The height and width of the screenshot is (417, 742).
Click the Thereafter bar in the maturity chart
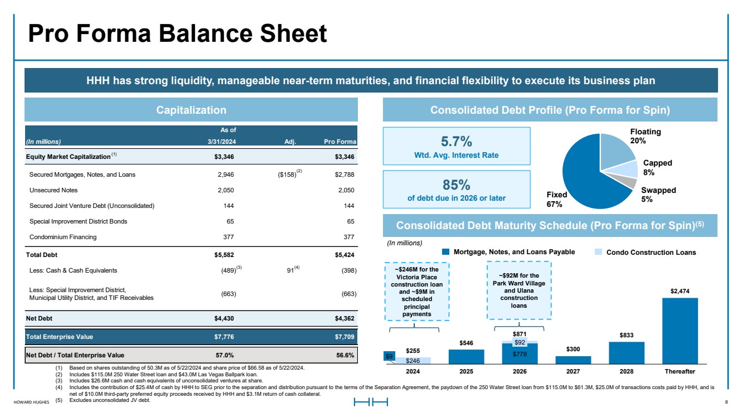680,331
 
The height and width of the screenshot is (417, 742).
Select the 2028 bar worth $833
627,353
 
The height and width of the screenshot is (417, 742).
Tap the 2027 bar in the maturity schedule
573,360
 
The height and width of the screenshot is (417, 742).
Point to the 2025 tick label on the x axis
466,371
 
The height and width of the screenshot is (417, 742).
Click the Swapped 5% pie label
658,195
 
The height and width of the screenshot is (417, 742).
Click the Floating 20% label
645,136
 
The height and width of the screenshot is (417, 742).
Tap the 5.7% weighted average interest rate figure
456,142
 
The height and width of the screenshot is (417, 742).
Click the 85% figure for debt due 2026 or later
456,185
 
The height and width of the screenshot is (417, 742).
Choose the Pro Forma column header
340,142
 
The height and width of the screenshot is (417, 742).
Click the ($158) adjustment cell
287,174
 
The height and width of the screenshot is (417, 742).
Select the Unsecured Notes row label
54,190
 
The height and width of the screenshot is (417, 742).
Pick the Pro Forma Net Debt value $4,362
345,318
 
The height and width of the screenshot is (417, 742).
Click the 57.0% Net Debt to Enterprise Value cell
225,355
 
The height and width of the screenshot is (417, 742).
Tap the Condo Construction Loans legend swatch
598,252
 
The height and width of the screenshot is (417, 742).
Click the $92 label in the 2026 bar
520,342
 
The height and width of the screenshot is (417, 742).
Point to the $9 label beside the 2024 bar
389,356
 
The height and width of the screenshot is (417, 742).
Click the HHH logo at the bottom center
371,402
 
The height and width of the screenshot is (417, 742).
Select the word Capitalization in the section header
191,110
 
